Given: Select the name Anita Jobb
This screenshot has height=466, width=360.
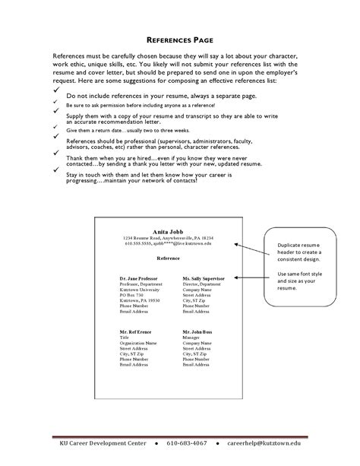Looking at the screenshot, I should pyautogui.click(x=169, y=230).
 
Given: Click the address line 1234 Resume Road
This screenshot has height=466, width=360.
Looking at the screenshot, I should pyautogui.click(x=169, y=238).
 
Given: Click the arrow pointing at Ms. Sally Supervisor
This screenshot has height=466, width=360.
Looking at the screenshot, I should pyautogui.click(x=245, y=278).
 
